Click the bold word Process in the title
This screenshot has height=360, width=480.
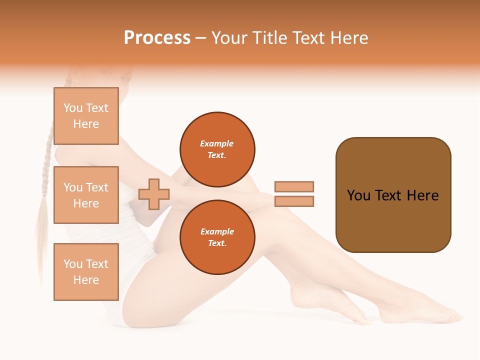click(x=157, y=38)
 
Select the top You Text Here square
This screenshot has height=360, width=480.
click(x=86, y=116)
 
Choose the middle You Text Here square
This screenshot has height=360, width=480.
click(x=86, y=195)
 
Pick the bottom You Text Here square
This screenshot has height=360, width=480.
click(x=86, y=271)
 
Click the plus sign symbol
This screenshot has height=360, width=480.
click(x=154, y=194)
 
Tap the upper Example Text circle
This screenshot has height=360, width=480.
click(x=217, y=149)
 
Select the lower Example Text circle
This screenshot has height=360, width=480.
click(x=217, y=237)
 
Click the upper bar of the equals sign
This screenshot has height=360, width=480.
click(x=294, y=186)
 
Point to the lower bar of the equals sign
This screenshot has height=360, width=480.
click(x=294, y=201)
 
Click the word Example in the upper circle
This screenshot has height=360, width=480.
click(x=217, y=143)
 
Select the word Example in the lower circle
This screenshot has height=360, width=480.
click(x=217, y=231)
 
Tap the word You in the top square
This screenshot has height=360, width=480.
click(x=73, y=108)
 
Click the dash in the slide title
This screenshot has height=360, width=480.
click(x=201, y=38)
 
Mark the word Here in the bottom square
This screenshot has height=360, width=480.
click(x=86, y=280)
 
